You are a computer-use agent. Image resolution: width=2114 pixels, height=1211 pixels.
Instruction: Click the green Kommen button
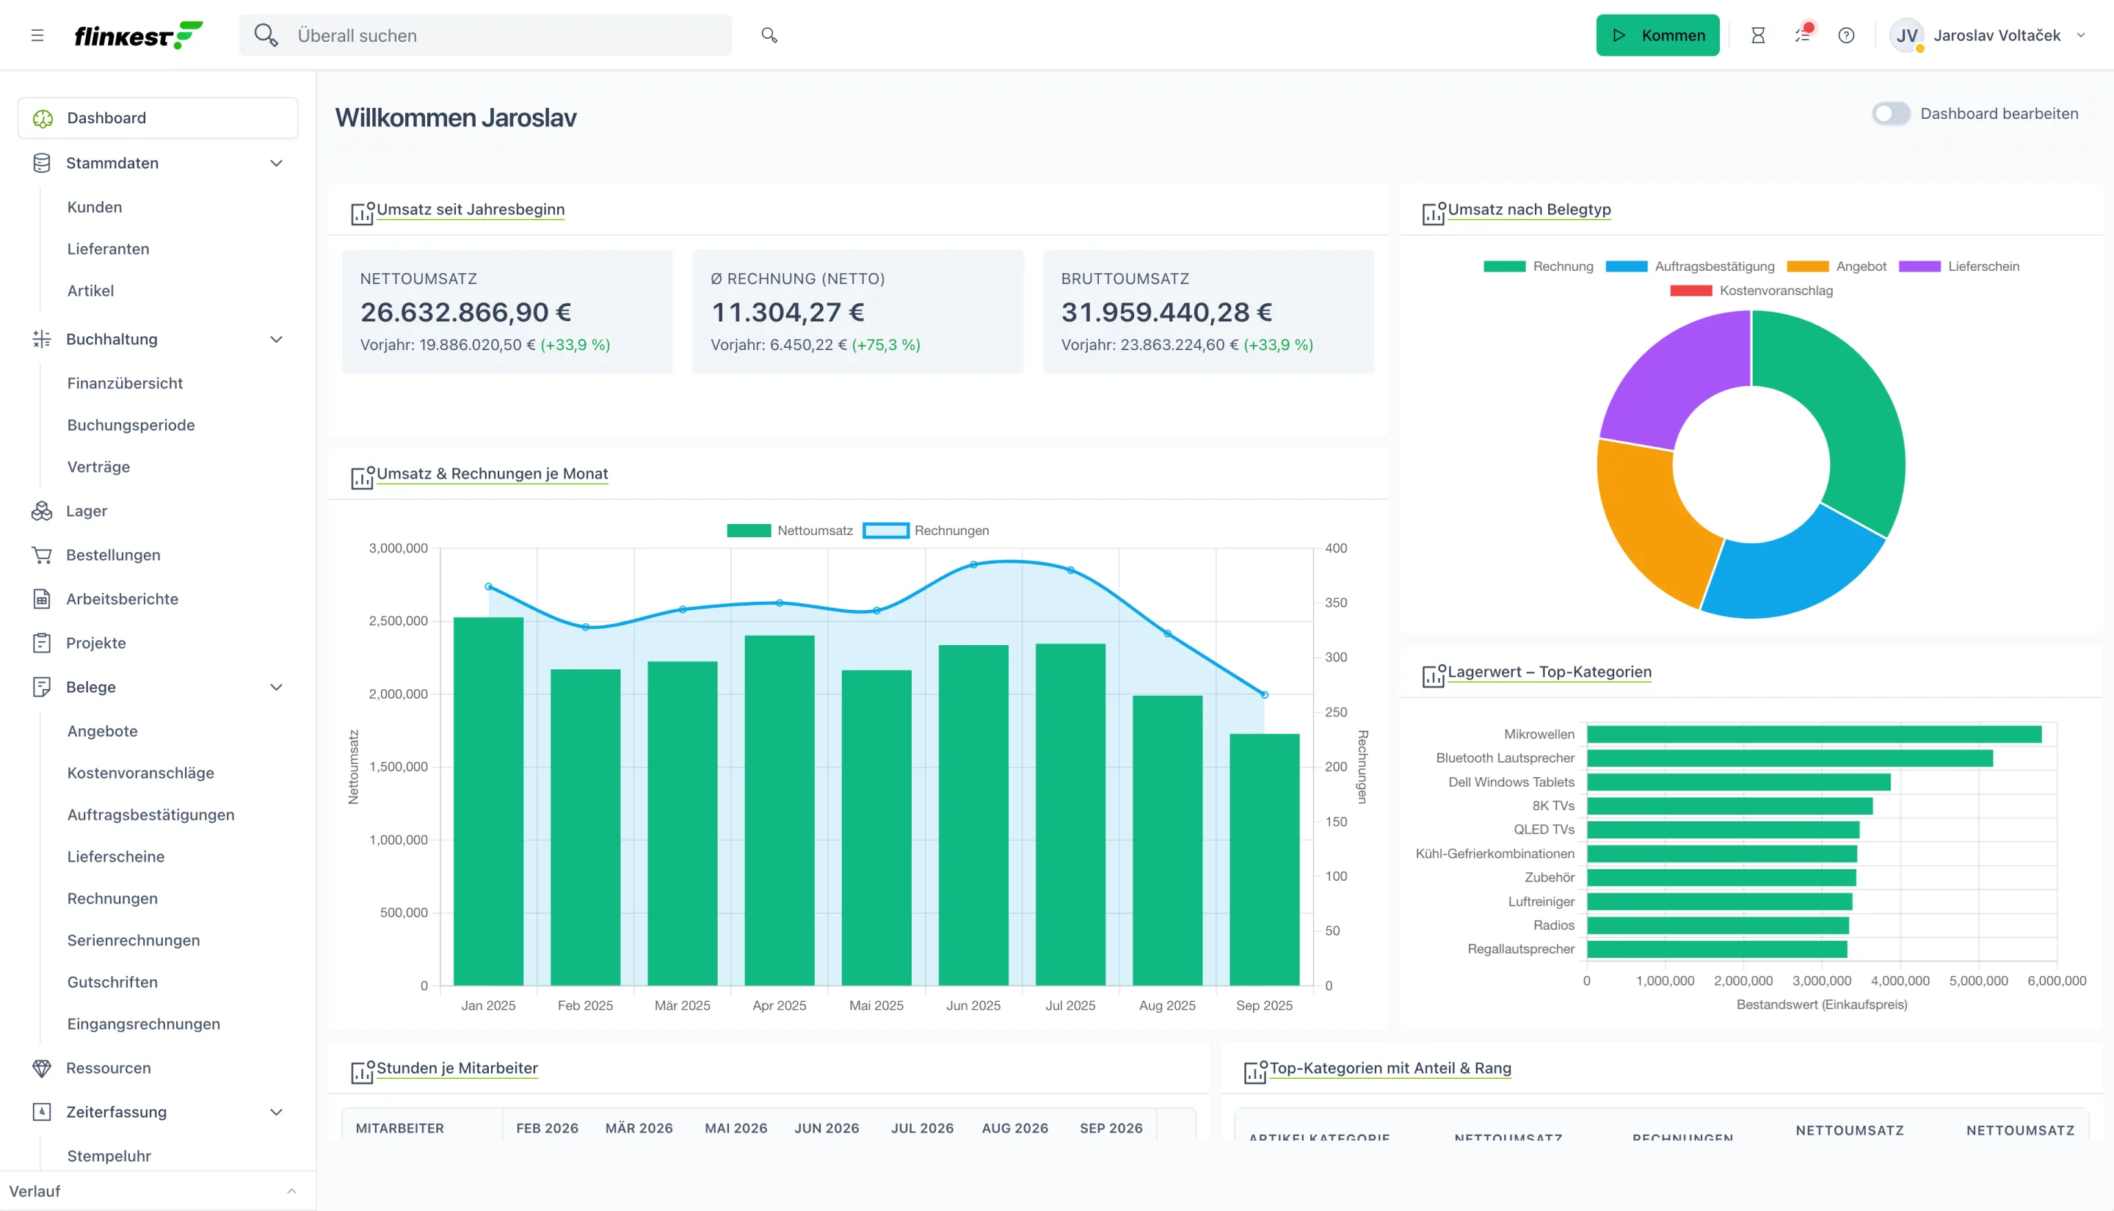pyautogui.click(x=1657, y=35)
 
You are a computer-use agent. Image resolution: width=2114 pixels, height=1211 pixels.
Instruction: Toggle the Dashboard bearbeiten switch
pyautogui.click(x=1890, y=114)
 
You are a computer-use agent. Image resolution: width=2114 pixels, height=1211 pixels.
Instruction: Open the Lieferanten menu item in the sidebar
pyautogui.click(x=108, y=249)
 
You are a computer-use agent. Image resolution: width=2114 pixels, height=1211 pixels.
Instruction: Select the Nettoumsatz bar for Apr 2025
pyautogui.click(x=780, y=810)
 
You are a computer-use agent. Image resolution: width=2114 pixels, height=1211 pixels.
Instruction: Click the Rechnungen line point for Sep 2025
pyautogui.click(x=1264, y=694)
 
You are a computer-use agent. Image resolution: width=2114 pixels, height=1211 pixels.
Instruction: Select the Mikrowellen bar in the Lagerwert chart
pyautogui.click(x=1814, y=735)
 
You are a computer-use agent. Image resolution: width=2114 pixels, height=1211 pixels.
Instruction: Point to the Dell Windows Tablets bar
pyautogui.click(x=1738, y=782)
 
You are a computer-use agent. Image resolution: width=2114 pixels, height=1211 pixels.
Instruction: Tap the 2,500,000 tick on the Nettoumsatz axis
pyautogui.click(x=399, y=620)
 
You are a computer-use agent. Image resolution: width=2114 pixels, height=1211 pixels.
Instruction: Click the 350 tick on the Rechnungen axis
pyautogui.click(x=1336, y=602)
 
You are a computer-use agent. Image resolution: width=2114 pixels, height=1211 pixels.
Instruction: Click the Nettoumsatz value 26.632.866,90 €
pyautogui.click(x=465, y=312)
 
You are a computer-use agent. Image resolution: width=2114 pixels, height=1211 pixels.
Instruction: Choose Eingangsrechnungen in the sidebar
pyautogui.click(x=144, y=1024)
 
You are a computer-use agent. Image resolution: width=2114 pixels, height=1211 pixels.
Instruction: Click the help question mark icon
pyautogui.click(x=1845, y=35)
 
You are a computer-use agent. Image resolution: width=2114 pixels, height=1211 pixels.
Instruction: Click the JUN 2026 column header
pyautogui.click(x=827, y=1128)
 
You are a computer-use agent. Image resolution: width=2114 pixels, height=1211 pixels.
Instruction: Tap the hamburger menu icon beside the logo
pyautogui.click(x=37, y=35)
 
